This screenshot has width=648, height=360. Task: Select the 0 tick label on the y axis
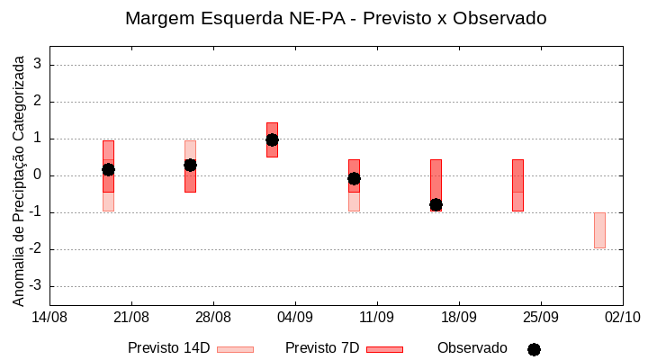[38, 175]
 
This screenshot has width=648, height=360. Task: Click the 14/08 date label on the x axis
[49, 317]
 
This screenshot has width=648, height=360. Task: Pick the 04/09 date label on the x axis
[294, 317]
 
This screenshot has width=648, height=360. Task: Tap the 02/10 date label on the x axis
[622, 317]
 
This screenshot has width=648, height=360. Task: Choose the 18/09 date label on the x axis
[458, 317]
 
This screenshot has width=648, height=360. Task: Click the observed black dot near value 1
[272, 139]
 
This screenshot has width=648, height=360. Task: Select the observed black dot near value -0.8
[436, 205]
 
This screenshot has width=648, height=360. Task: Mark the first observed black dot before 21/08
[108, 169]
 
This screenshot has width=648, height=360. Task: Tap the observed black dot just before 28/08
[190, 165]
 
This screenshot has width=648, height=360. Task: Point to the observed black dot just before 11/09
[354, 178]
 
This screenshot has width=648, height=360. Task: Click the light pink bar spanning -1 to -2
[599, 230]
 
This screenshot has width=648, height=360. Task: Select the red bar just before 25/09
[517, 184]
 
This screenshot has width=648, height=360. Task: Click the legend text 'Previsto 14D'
[168, 348]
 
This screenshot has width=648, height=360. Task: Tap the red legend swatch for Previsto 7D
[384, 349]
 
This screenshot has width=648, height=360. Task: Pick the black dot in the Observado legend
[534, 349]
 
